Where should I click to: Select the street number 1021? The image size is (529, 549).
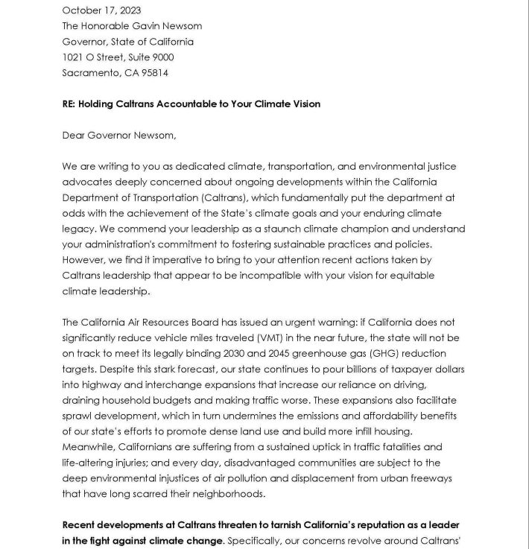point(73,57)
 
